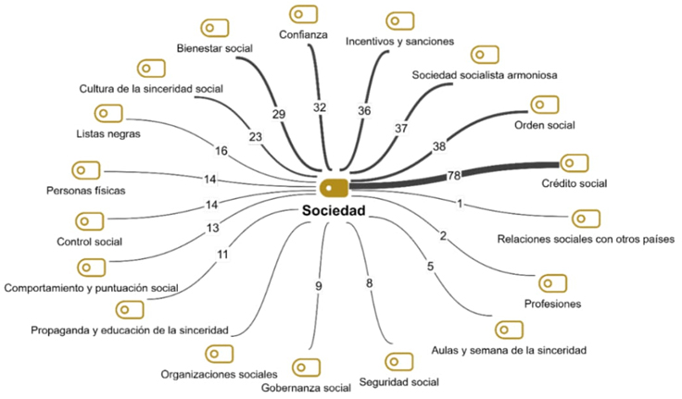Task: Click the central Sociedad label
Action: (x=335, y=211)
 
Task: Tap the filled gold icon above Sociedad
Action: (x=334, y=187)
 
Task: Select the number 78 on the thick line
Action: (x=454, y=175)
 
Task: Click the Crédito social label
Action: (x=575, y=183)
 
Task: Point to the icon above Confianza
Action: (x=303, y=15)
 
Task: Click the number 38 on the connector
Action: (x=438, y=146)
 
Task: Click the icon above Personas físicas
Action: (x=86, y=170)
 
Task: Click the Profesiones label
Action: (x=552, y=304)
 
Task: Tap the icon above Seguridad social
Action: (x=398, y=361)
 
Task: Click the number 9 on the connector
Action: (x=319, y=286)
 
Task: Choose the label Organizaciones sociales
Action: (x=219, y=375)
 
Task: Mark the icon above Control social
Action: (x=89, y=222)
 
